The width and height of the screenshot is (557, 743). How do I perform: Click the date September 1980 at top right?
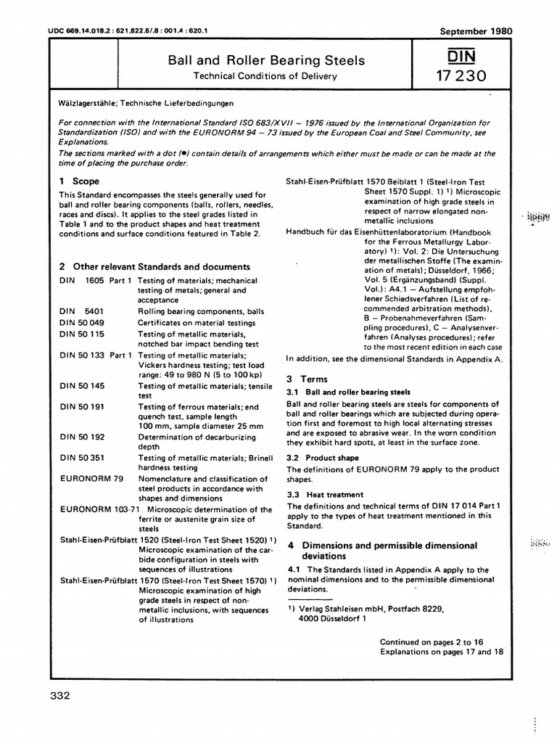point(476,31)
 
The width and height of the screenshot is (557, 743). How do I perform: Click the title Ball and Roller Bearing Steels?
point(267,60)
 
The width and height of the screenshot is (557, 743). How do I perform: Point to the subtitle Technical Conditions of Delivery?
point(267,75)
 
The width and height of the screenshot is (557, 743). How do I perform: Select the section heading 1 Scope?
point(79,181)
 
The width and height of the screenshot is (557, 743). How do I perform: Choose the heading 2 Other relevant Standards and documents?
point(154,266)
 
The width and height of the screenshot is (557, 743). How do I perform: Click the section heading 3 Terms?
point(308,379)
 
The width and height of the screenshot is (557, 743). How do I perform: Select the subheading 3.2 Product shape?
point(323,458)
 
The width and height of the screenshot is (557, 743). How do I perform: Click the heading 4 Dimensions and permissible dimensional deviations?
point(382,550)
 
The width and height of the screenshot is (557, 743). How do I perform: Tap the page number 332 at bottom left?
point(59,697)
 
